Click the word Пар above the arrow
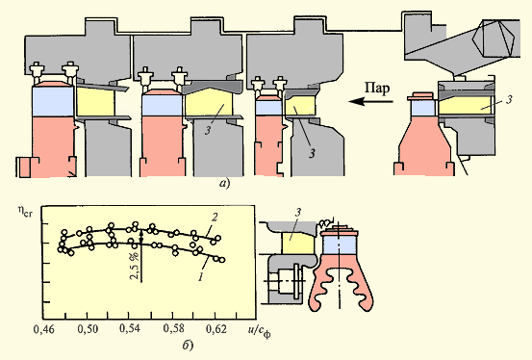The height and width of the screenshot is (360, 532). (x=377, y=89)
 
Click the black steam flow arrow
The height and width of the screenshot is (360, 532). (x=370, y=101)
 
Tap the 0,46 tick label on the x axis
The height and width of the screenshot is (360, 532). (x=44, y=329)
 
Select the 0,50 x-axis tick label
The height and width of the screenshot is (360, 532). (x=88, y=329)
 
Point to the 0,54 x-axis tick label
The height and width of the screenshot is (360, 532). (x=131, y=329)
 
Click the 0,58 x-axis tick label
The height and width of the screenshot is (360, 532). (x=174, y=329)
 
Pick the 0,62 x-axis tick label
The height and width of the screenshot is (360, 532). (x=216, y=329)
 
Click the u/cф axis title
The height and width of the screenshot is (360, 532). (x=259, y=331)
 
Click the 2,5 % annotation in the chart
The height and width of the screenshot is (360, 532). (x=135, y=266)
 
